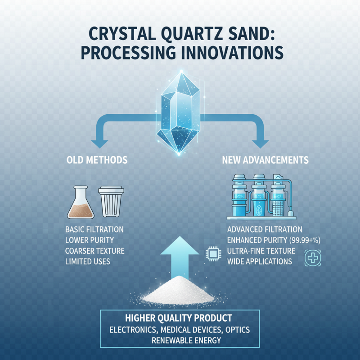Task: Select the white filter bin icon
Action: point(110,202)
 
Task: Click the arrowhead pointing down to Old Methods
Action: point(100,144)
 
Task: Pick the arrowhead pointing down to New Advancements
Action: point(260,144)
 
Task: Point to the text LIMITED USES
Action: point(88,261)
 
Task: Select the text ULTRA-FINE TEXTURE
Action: point(261,251)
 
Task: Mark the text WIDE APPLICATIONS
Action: point(260,261)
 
